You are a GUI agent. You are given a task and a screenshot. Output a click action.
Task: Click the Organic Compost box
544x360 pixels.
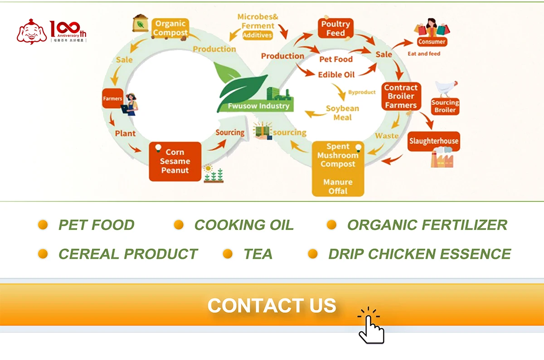[x=170, y=28]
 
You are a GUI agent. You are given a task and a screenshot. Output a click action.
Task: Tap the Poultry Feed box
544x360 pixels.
[x=335, y=29]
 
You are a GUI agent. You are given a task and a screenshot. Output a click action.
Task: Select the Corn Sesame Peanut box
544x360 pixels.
[x=175, y=161]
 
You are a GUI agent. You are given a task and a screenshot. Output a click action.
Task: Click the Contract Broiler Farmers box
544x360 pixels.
[x=401, y=96]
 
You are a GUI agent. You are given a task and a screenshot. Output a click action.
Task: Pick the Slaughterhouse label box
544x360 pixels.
[x=434, y=141]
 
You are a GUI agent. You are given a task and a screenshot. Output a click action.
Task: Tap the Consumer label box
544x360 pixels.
[x=432, y=42]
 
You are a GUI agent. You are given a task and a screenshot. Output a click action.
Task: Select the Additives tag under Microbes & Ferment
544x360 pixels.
[x=257, y=35]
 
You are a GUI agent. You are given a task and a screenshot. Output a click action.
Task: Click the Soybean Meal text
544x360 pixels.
[x=342, y=113]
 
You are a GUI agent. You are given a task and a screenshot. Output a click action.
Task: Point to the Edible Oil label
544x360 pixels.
[x=336, y=74]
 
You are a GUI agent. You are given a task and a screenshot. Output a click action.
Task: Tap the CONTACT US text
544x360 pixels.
[x=272, y=306]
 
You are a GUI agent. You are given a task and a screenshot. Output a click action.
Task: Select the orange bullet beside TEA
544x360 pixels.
[x=228, y=254]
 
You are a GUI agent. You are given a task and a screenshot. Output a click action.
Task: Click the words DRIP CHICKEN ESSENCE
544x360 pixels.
[x=419, y=254]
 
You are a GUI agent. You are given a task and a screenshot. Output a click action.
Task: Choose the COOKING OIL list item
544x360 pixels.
[x=243, y=225]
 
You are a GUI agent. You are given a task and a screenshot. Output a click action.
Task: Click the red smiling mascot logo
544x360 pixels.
[x=32, y=32]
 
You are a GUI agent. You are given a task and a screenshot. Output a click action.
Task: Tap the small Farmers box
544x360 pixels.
[x=112, y=98]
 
